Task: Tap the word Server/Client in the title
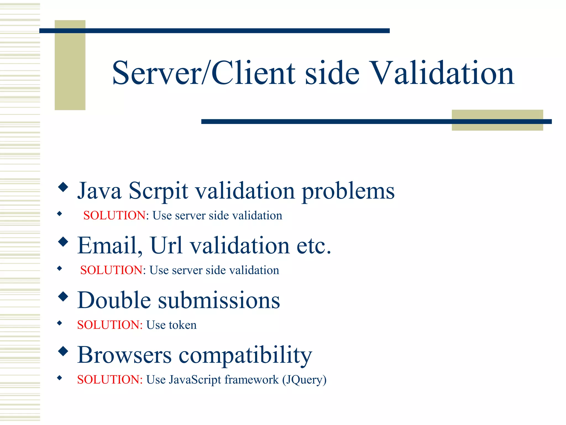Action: [x=204, y=73]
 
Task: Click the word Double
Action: [x=114, y=300]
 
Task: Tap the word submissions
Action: [x=219, y=301]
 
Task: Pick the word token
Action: [x=183, y=325]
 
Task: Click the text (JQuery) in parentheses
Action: [x=304, y=380]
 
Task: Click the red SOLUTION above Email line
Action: [x=114, y=216]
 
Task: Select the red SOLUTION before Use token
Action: [x=110, y=325]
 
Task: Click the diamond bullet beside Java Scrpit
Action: [x=63, y=187]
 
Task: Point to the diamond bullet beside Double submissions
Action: [x=63, y=296]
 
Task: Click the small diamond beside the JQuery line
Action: [x=59, y=378]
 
